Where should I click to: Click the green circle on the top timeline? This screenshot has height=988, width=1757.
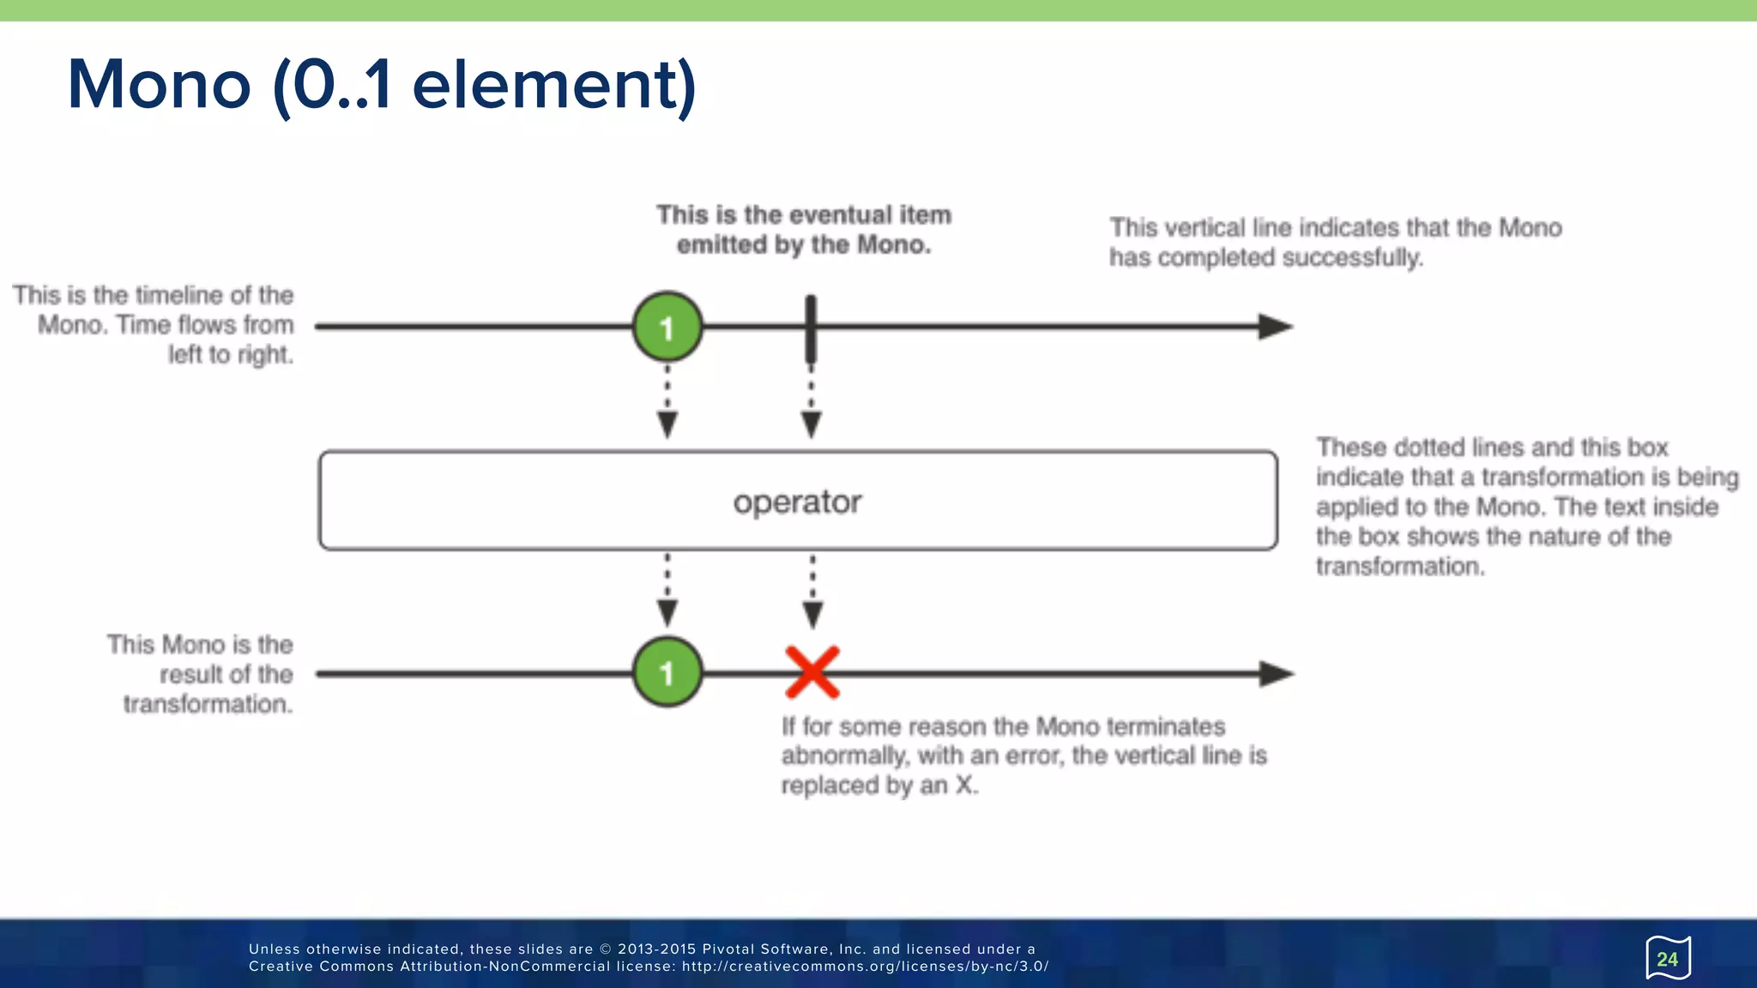[667, 327]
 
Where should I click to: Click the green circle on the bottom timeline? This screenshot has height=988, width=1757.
[667, 672]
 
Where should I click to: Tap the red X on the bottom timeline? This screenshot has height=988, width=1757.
[812, 672]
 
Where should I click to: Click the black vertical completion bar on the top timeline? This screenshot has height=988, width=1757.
[811, 328]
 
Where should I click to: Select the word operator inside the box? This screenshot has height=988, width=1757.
[797, 502]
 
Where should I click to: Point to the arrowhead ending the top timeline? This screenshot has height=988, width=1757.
[1275, 327]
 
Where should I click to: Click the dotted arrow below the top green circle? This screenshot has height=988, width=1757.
[667, 402]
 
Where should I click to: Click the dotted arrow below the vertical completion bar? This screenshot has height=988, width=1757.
[812, 402]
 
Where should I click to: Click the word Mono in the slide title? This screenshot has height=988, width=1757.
[160, 85]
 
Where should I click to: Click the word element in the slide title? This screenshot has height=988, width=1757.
[553, 85]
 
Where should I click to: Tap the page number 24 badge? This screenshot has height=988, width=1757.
[1667, 959]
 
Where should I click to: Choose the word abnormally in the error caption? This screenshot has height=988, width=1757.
[844, 756]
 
